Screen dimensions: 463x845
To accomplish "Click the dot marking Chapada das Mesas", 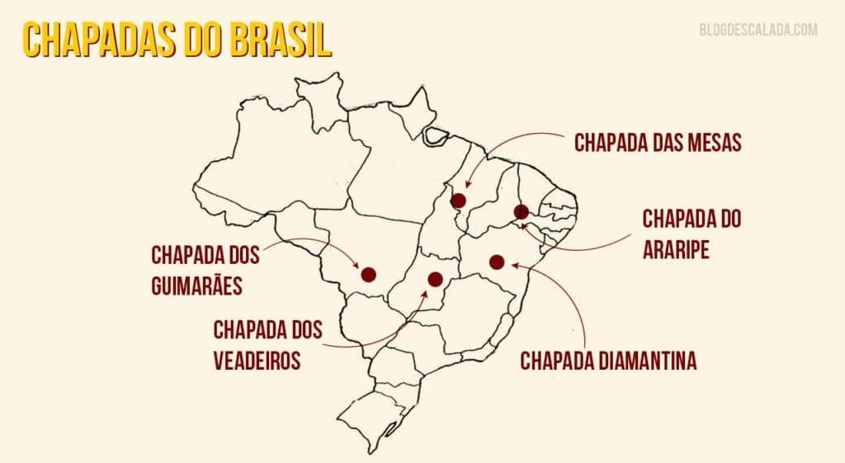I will tap(459, 201).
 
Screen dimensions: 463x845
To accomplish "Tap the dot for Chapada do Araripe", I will tap(522, 212).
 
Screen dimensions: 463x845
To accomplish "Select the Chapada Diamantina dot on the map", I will tap(497, 262).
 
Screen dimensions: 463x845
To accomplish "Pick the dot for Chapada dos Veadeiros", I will tap(436, 280).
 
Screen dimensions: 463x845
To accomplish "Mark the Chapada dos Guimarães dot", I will tap(368, 274).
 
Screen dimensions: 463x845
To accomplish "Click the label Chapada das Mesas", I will tap(658, 143).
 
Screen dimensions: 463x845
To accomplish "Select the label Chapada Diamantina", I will tap(608, 361).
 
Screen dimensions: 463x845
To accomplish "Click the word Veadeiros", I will tap(257, 360).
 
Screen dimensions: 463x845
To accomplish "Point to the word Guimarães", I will tap(196, 286).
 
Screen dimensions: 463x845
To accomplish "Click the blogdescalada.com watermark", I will tap(758, 30).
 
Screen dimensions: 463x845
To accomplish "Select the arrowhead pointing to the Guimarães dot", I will tap(357, 267).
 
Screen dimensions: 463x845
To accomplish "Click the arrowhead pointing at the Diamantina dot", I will tap(513, 265).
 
